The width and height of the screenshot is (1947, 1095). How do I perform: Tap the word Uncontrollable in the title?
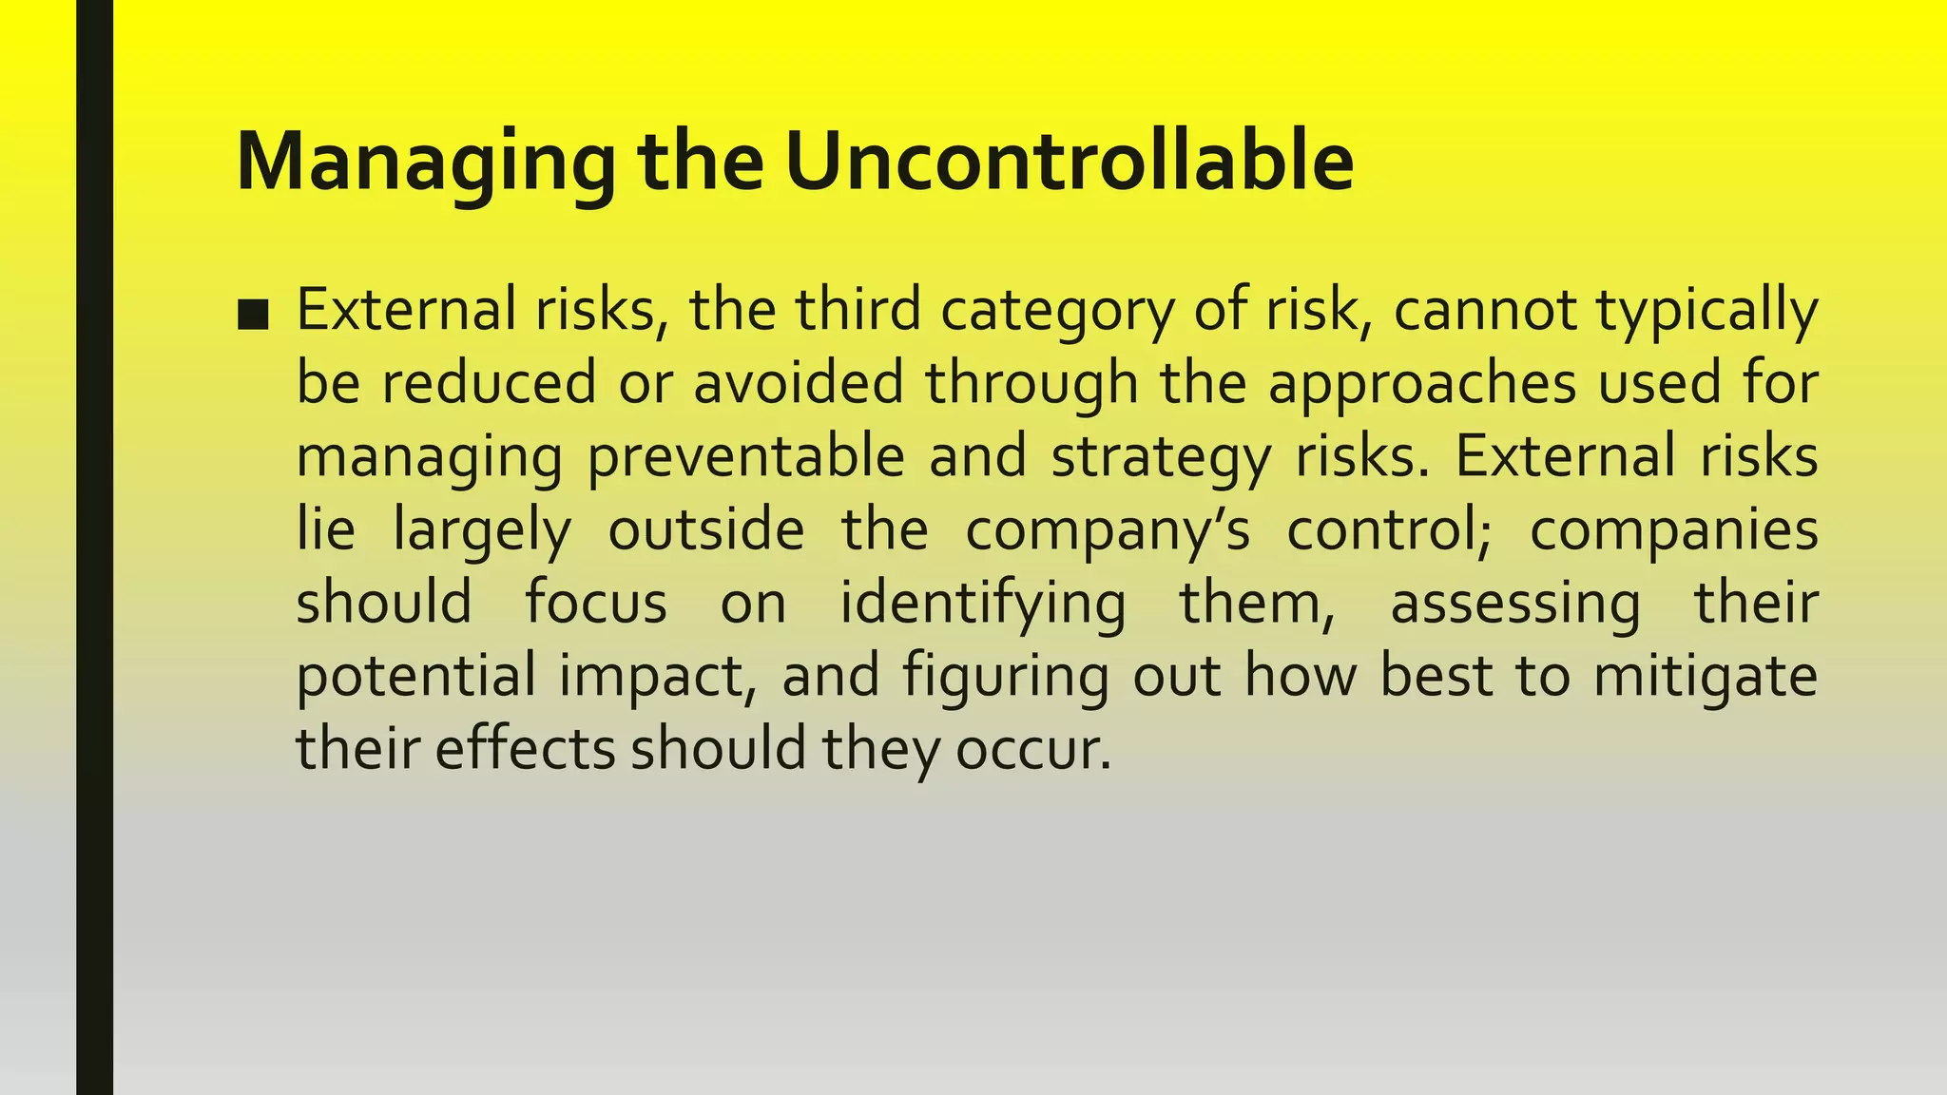pos(1069,162)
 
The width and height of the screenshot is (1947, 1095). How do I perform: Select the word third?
pos(858,310)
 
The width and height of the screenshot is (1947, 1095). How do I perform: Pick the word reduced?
pos(489,383)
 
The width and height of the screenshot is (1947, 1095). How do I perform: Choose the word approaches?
pos(1421,385)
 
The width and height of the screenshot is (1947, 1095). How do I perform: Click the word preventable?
pos(745,457)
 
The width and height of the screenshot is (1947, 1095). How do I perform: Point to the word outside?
pos(705,529)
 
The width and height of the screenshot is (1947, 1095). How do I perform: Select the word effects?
pos(526,749)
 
